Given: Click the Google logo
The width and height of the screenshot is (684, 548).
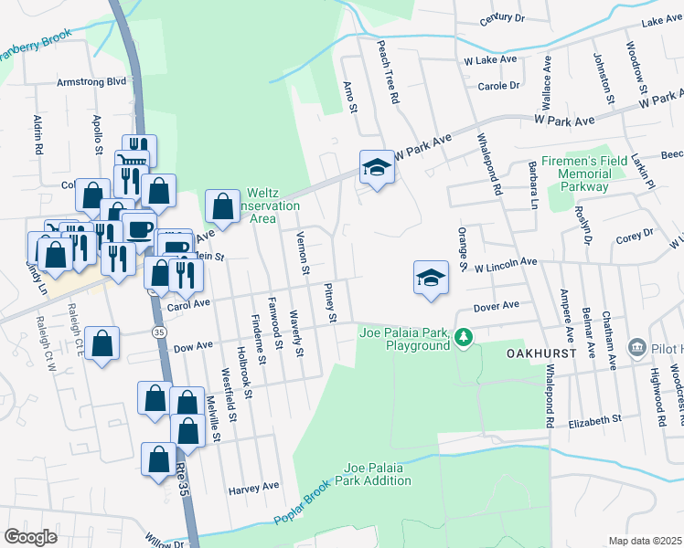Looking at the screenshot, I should (31, 536).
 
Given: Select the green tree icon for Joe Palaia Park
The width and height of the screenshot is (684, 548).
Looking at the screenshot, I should (465, 338).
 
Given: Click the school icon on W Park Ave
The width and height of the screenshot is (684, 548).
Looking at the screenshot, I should (376, 167).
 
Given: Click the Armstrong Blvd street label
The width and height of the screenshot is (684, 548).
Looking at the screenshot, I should (91, 81).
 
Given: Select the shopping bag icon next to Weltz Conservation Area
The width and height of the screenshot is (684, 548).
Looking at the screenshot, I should (222, 206).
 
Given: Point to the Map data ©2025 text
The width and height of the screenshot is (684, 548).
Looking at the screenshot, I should (646, 541).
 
